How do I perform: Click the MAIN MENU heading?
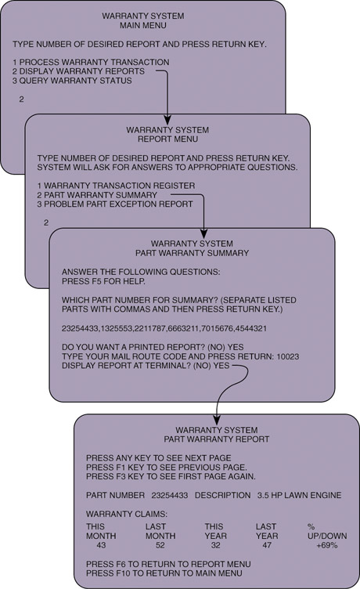point(143,26)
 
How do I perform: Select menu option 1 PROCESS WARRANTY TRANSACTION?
point(91,62)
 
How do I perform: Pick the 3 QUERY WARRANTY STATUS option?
point(72,81)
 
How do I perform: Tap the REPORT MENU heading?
point(167,139)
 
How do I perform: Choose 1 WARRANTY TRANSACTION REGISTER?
point(116,186)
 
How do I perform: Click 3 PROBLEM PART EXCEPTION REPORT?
point(115,204)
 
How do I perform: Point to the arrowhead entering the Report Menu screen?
point(167,120)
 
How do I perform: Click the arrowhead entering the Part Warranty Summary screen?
point(203,233)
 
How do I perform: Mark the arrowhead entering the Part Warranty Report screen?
point(217,420)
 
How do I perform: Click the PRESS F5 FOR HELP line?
point(103,281)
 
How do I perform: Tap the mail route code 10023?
point(288,356)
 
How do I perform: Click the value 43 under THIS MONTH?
point(101,545)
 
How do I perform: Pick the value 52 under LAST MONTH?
point(160,545)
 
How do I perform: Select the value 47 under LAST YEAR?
point(267,545)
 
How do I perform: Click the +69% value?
point(327,545)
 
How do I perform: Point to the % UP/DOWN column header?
point(327,531)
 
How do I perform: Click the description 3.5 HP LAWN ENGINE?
point(299,495)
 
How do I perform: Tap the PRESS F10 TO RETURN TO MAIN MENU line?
point(164,573)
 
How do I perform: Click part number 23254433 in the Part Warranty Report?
point(170,495)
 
